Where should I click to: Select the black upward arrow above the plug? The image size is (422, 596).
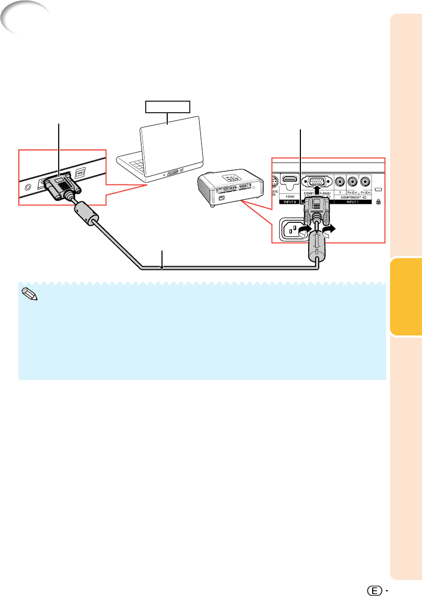(316, 200)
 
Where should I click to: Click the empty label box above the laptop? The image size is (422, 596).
(168, 107)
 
